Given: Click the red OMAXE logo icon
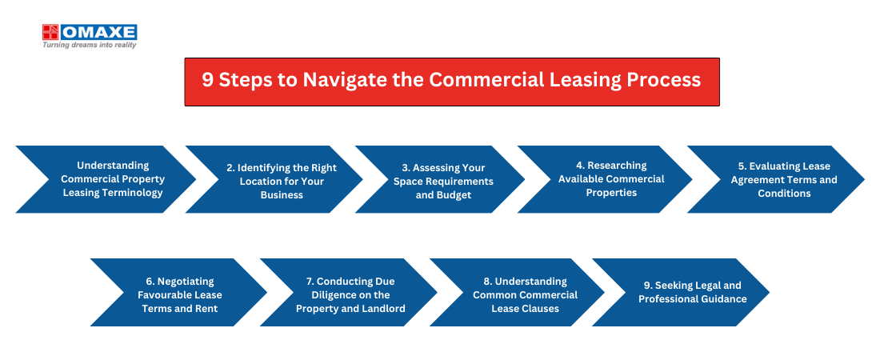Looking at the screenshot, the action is [50, 32].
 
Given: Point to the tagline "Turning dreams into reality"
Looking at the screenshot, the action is [90, 45].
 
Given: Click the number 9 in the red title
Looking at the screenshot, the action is [207, 80].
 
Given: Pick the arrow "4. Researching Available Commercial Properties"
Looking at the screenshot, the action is [605, 179].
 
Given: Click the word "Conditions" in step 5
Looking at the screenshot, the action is [784, 193].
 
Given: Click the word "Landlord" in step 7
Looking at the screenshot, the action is [382, 308].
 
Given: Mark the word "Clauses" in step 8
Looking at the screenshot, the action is [540, 308].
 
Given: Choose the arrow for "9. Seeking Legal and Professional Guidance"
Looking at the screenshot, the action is [681, 292].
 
